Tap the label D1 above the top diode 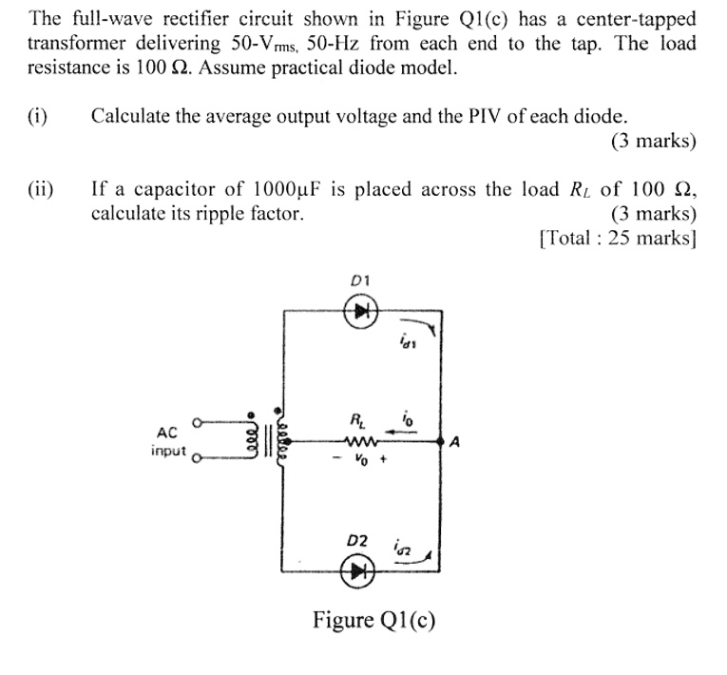[x=360, y=280]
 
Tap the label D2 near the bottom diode [x=356, y=541]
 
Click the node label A [x=455, y=441]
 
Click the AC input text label [x=169, y=441]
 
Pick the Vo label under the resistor [x=360, y=459]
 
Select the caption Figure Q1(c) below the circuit [x=374, y=621]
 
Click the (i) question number [x=38, y=117]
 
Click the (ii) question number [x=41, y=188]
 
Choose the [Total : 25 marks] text [x=617, y=238]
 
